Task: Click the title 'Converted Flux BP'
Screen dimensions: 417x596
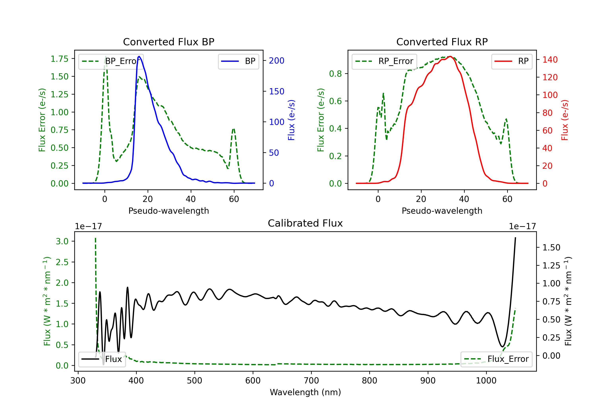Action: pyautogui.click(x=168, y=42)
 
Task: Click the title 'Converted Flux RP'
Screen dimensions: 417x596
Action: pyautogui.click(x=442, y=42)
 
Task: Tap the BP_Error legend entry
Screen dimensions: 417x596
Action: pyautogui.click(x=111, y=61)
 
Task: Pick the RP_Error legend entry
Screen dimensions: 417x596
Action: pyautogui.click(x=384, y=61)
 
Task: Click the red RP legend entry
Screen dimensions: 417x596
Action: pyautogui.click(x=512, y=61)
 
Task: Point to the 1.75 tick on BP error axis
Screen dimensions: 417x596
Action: pyautogui.click(x=59, y=59)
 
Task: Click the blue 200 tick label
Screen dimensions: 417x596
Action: pyautogui.click(x=277, y=61)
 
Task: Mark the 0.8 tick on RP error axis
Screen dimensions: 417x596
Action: pyautogui.click(x=335, y=74)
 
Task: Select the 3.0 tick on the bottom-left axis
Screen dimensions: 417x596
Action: pyautogui.click(x=62, y=241)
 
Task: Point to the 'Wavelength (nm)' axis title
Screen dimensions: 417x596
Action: pyautogui.click(x=305, y=392)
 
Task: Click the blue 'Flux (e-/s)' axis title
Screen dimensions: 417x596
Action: pyautogui.click(x=291, y=120)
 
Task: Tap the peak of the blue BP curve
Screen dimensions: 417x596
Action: pyautogui.click(x=139, y=56)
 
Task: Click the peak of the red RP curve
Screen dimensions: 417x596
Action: pyautogui.click(x=450, y=56)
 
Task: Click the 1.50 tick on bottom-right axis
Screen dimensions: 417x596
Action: pyautogui.click(x=551, y=248)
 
